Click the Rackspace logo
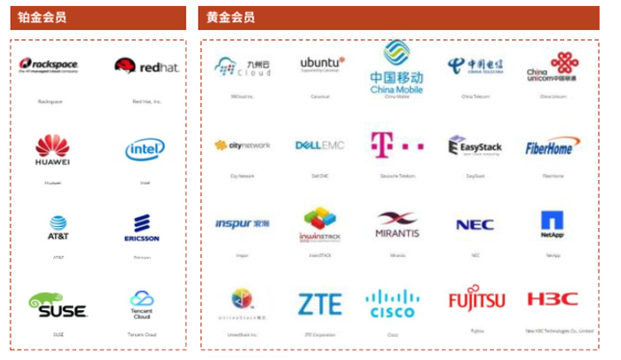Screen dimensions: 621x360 pos(51,67)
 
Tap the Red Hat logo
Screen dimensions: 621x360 pos(146,67)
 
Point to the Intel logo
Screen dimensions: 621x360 pos(145,149)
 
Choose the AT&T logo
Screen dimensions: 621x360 pos(58,228)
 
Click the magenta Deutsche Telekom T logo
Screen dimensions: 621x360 pos(390,145)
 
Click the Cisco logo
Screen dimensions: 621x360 pos(392,303)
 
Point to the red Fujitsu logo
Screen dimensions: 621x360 pos(476,300)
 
